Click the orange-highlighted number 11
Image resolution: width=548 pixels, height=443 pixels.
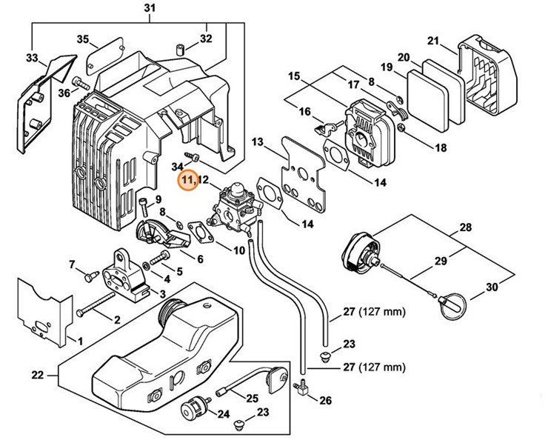pyautogui.click(x=186, y=179)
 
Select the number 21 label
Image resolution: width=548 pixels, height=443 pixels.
pyautogui.click(x=433, y=40)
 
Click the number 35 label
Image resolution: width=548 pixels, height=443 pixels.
pyautogui.click(x=82, y=39)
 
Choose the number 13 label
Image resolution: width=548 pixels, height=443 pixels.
pyautogui.click(x=258, y=141)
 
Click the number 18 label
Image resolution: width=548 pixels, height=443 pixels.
pyautogui.click(x=441, y=148)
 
